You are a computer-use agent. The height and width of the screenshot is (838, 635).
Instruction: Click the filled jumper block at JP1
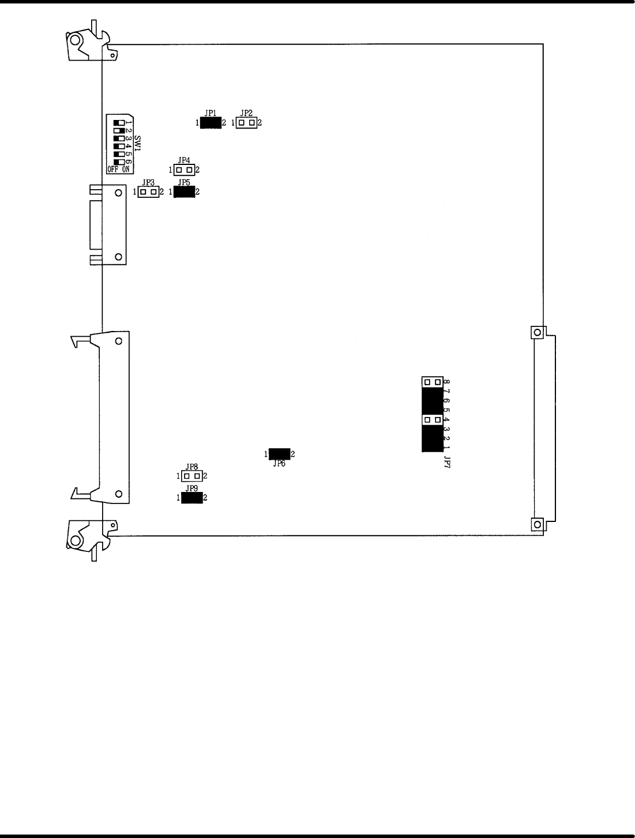[211, 123]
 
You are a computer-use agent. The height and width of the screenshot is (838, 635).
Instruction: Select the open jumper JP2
[247, 123]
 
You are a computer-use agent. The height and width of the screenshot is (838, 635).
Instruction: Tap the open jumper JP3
[148, 191]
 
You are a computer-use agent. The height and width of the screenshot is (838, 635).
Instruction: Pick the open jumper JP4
[184, 170]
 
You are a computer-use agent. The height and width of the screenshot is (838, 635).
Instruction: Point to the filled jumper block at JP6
[279, 454]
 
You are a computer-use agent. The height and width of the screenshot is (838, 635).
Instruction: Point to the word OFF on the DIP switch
[113, 170]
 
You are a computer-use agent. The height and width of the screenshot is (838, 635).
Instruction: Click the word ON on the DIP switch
[126, 170]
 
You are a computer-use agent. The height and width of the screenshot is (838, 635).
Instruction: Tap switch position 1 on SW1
[119, 123]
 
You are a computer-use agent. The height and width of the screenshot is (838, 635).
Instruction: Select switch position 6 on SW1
[119, 161]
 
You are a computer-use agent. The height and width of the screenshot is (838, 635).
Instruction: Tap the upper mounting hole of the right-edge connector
[536, 332]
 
